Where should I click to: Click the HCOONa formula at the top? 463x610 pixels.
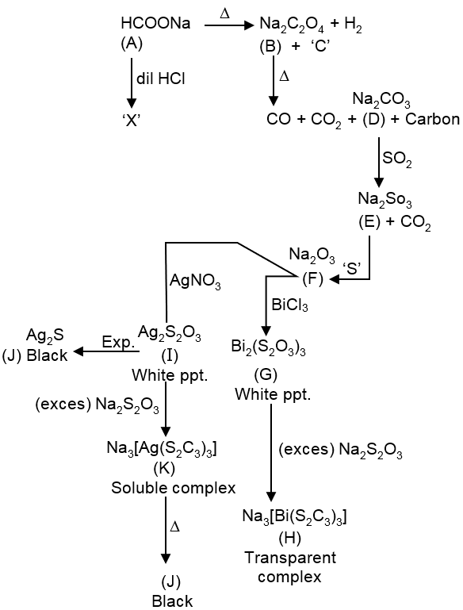pos(155,24)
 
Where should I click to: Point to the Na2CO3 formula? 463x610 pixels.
pos(381,102)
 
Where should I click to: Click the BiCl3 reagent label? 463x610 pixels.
pos(290,305)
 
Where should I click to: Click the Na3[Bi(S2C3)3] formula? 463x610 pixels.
pos(294,518)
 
